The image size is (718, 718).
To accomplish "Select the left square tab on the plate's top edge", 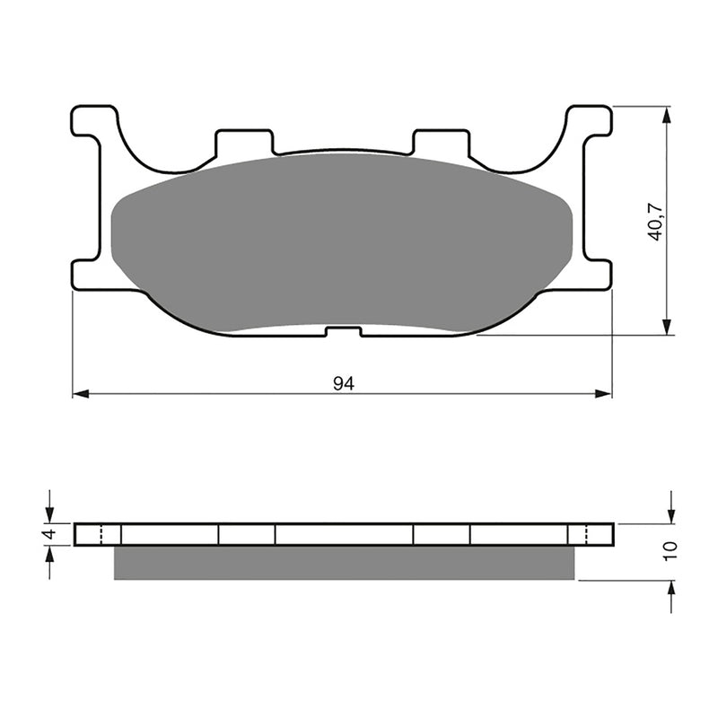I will [x=243, y=142].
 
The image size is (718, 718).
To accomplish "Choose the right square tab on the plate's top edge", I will [x=440, y=142].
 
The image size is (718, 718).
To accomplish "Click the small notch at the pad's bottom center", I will [x=343, y=332].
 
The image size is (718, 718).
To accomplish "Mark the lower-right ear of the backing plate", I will [x=596, y=275].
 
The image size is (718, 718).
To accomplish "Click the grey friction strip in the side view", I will [x=344, y=563].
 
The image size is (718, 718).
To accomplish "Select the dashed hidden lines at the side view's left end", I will [x=101, y=534].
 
